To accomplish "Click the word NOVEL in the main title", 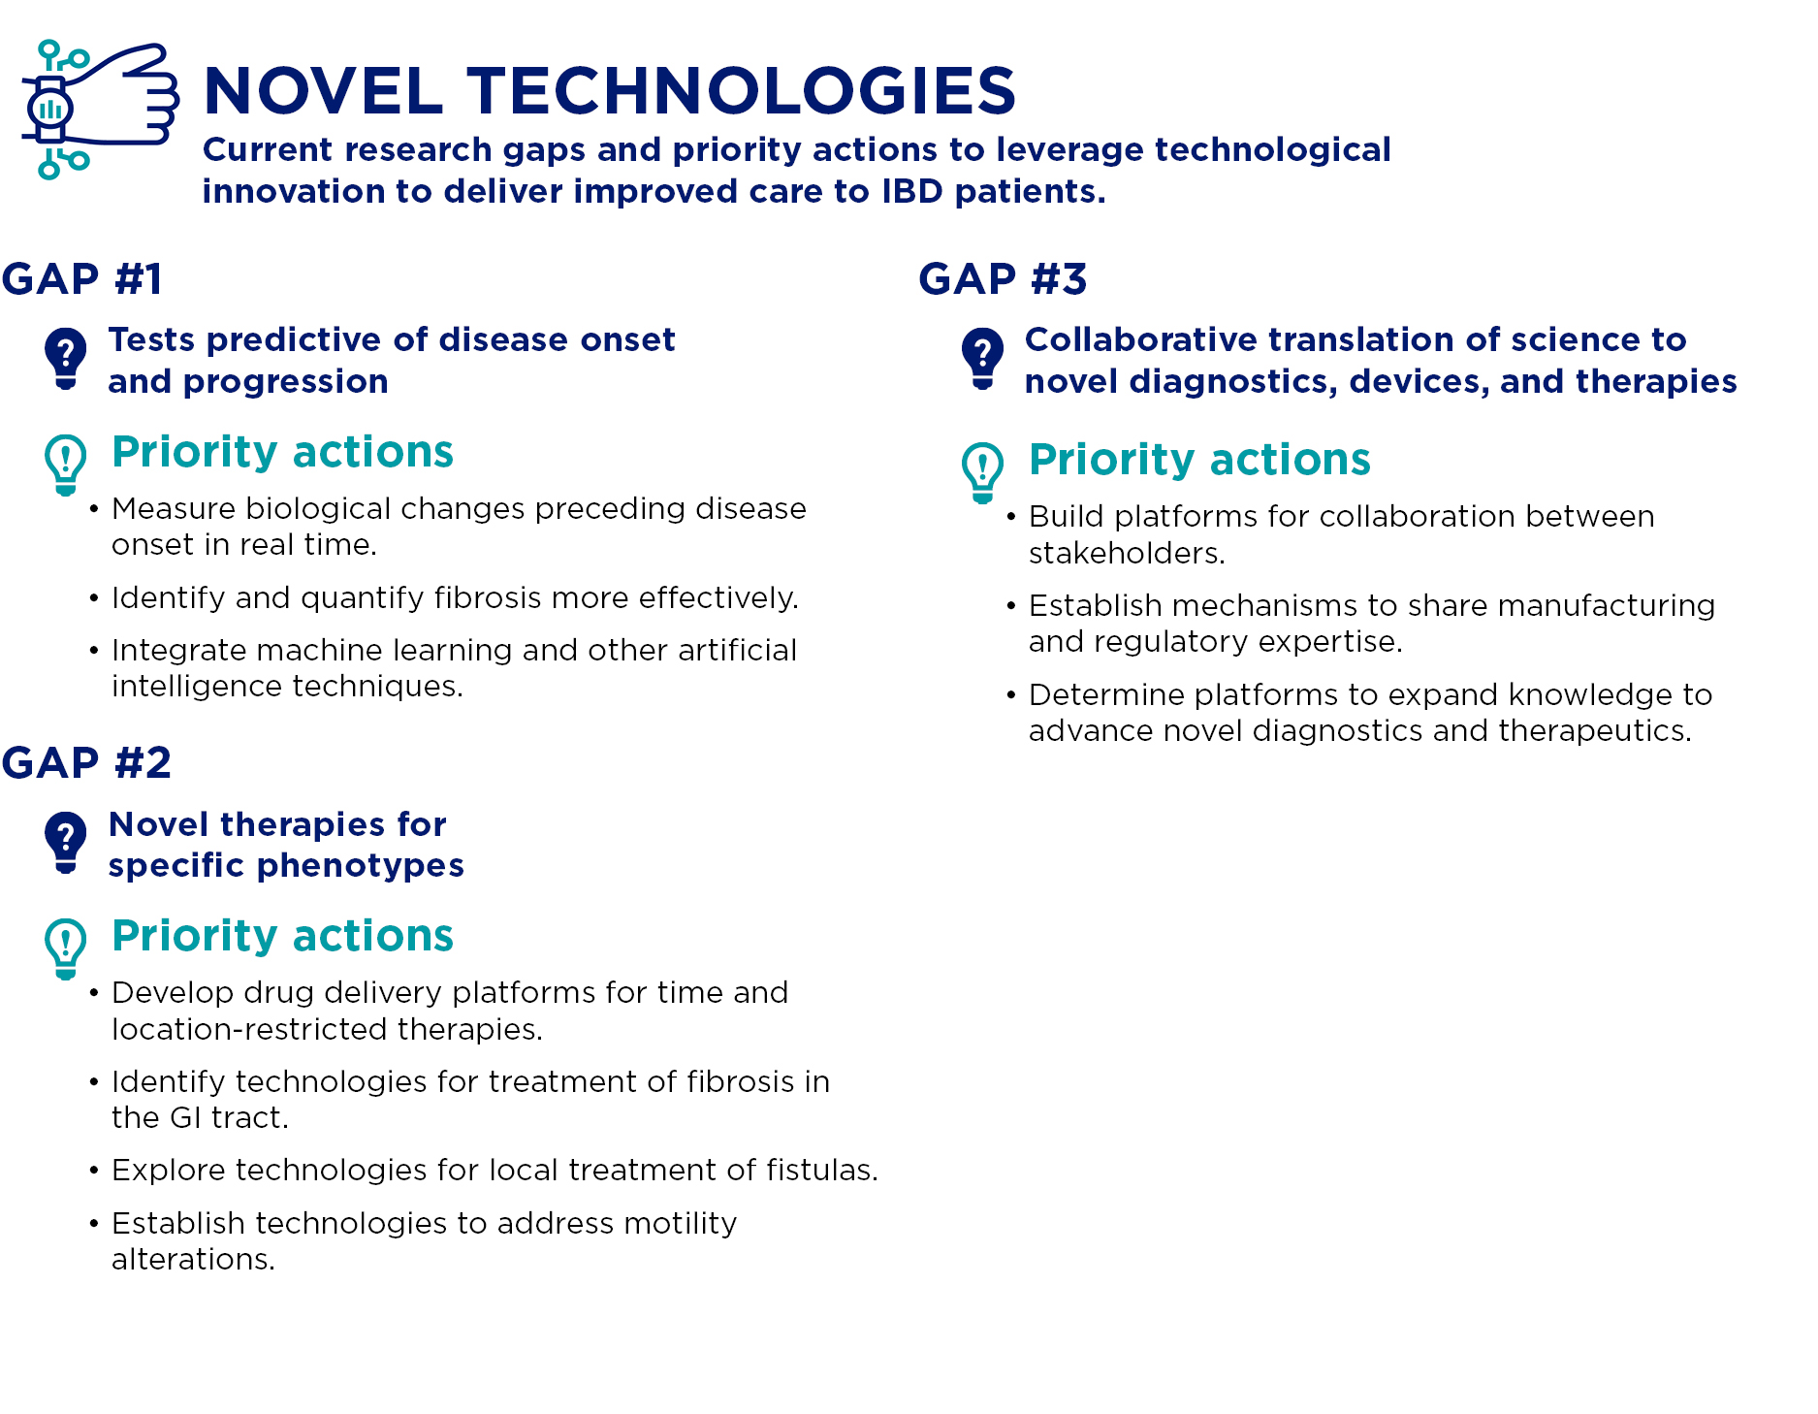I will click(323, 91).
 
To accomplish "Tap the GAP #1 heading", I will click(82, 279).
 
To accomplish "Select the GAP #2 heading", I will click(86, 763).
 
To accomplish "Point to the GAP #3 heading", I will click(1003, 279).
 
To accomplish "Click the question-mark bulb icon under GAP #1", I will click(65, 358).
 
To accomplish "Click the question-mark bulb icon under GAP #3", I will click(982, 358).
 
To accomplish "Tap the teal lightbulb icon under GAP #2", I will click(65, 948).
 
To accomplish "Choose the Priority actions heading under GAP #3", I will click(1199, 460).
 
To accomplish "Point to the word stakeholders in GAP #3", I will click(1125, 554).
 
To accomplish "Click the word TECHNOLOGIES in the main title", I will click(742, 91).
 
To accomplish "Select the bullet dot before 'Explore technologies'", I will click(94, 1171).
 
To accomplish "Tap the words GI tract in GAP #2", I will click(229, 1118).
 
